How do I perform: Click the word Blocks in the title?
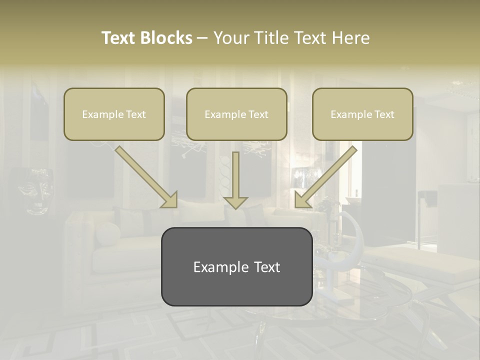click(167, 38)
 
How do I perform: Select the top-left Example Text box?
click(114, 114)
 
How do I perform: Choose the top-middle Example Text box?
click(236, 114)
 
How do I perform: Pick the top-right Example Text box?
click(362, 114)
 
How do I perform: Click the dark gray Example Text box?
click(236, 266)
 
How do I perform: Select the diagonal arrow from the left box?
click(145, 175)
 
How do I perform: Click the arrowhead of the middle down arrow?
click(235, 201)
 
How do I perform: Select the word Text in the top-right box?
click(384, 114)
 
